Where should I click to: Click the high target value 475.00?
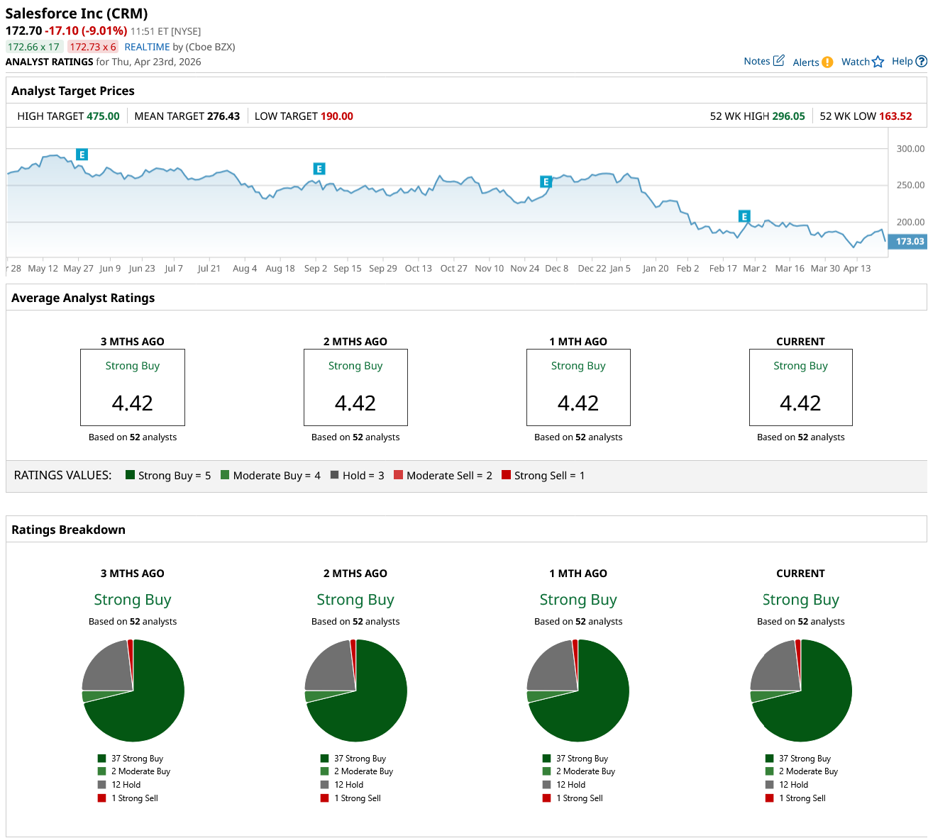(103, 116)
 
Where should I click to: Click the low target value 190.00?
(337, 116)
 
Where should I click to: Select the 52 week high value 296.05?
(788, 116)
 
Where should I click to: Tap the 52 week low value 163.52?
(895, 116)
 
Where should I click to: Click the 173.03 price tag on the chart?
(909, 242)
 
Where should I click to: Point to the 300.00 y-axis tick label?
(910, 149)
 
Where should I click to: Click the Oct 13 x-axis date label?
(418, 269)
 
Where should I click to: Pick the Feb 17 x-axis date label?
(723, 269)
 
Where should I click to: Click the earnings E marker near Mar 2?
(744, 216)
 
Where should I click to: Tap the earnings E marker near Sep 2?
(319, 169)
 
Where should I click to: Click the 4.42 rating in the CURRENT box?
(800, 403)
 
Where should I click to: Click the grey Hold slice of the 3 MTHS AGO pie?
(106, 667)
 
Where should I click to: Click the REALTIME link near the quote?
(147, 47)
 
